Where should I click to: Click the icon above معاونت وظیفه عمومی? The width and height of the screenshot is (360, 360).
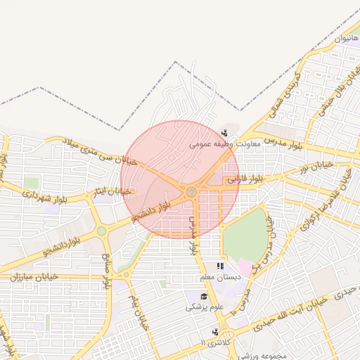(x=224, y=133)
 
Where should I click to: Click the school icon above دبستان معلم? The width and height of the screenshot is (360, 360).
(x=220, y=266)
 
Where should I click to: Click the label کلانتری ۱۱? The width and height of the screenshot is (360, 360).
(x=213, y=342)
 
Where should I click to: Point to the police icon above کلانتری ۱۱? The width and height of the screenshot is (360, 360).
(x=214, y=331)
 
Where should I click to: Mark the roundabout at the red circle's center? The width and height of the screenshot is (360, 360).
(x=191, y=191)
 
